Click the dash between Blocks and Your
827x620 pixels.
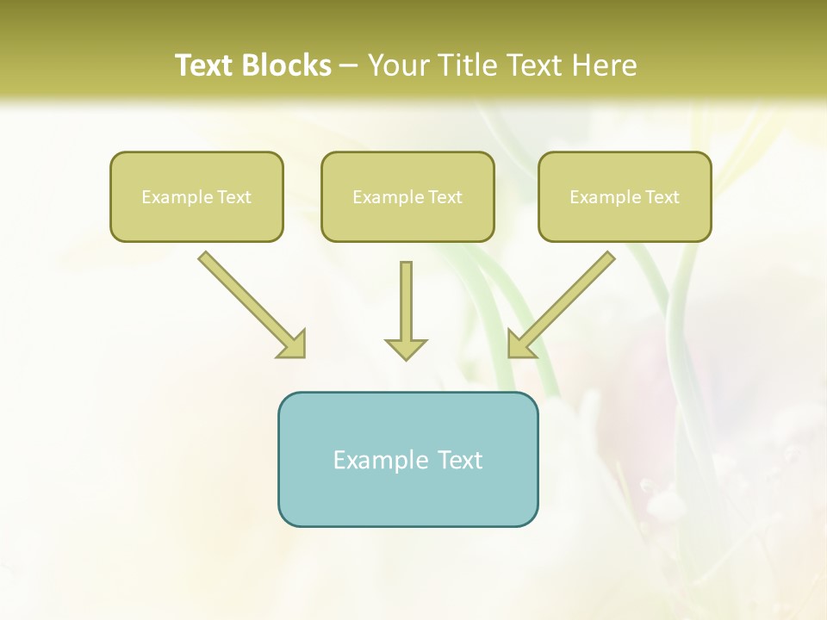pos(349,66)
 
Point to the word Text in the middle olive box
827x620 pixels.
pos(445,197)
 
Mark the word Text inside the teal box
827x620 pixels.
pos(460,460)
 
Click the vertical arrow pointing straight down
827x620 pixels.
pos(406,301)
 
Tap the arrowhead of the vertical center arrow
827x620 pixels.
pos(406,349)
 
